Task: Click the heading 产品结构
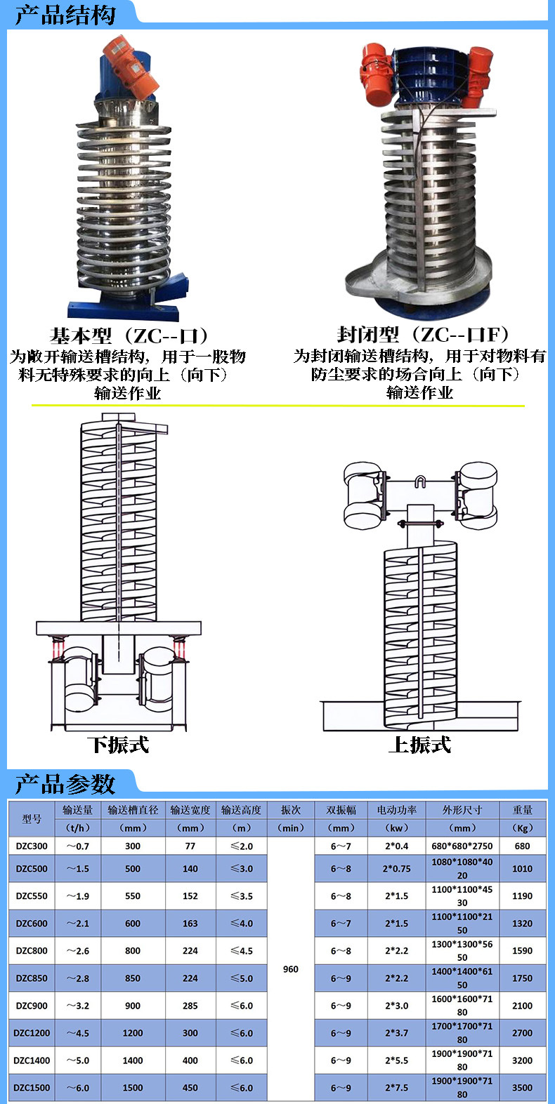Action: [65, 15]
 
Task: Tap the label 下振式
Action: [118, 745]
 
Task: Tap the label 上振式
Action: [419, 745]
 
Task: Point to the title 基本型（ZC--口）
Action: [129, 335]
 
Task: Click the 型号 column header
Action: [32, 818]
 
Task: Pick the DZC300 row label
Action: [32, 846]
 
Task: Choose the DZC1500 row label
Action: [32, 1088]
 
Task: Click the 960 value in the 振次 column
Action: [291, 969]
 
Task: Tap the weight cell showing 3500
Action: [522, 1088]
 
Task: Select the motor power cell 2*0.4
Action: [396, 846]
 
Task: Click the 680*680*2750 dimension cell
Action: [462, 846]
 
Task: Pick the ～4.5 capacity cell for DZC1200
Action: [77, 1033]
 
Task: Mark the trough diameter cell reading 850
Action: [133, 978]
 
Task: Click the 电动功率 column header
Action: [396, 810]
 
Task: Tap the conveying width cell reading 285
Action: [190, 1006]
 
